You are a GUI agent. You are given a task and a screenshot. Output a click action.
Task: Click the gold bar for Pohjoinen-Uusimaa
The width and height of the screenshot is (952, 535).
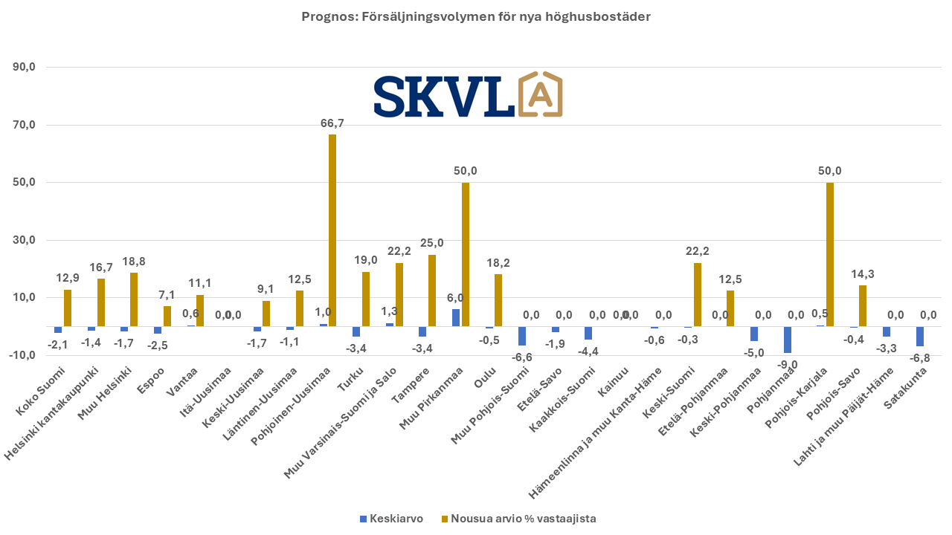coord(332,230)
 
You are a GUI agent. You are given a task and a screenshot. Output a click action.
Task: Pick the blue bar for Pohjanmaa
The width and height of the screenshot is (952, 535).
coord(787,340)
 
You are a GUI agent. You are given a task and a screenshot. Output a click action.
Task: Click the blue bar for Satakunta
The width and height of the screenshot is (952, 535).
coord(920,336)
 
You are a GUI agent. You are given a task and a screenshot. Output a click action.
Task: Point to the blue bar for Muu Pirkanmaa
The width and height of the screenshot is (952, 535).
coord(456,317)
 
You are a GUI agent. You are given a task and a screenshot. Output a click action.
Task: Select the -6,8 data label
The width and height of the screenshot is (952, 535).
coord(919,357)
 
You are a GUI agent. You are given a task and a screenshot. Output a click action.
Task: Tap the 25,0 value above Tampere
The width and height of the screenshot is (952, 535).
coord(432,243)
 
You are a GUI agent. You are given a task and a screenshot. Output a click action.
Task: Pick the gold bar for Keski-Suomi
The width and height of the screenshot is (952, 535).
coord(698,295)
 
